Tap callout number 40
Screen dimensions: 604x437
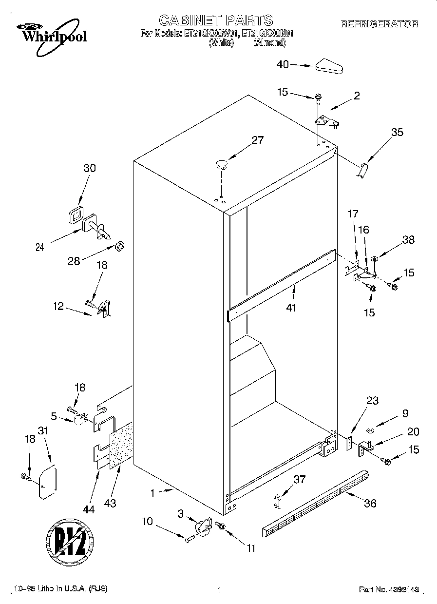(x=283, y=64)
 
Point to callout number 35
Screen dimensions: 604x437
(x=397, y=132)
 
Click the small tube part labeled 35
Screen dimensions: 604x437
(x=363, y=171)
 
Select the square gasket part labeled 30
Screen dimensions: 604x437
(x=76, y=214)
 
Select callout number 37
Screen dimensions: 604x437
(x=299, y=479)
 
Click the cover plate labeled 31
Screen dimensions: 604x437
(x=48, y=482)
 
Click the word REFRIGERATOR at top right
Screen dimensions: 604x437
(x=380, y=23)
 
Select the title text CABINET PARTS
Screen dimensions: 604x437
(x=216, y=20)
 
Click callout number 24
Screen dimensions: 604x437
(x=40, y=247)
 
